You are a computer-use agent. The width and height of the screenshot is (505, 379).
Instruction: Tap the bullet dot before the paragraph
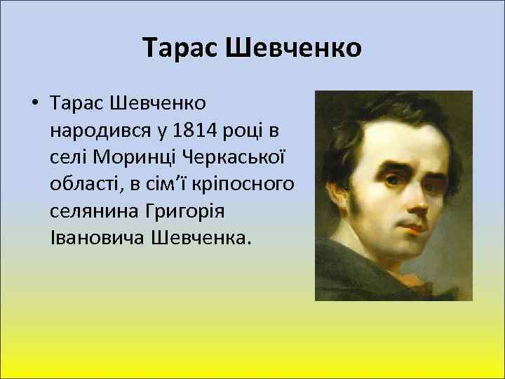point(34,105)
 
